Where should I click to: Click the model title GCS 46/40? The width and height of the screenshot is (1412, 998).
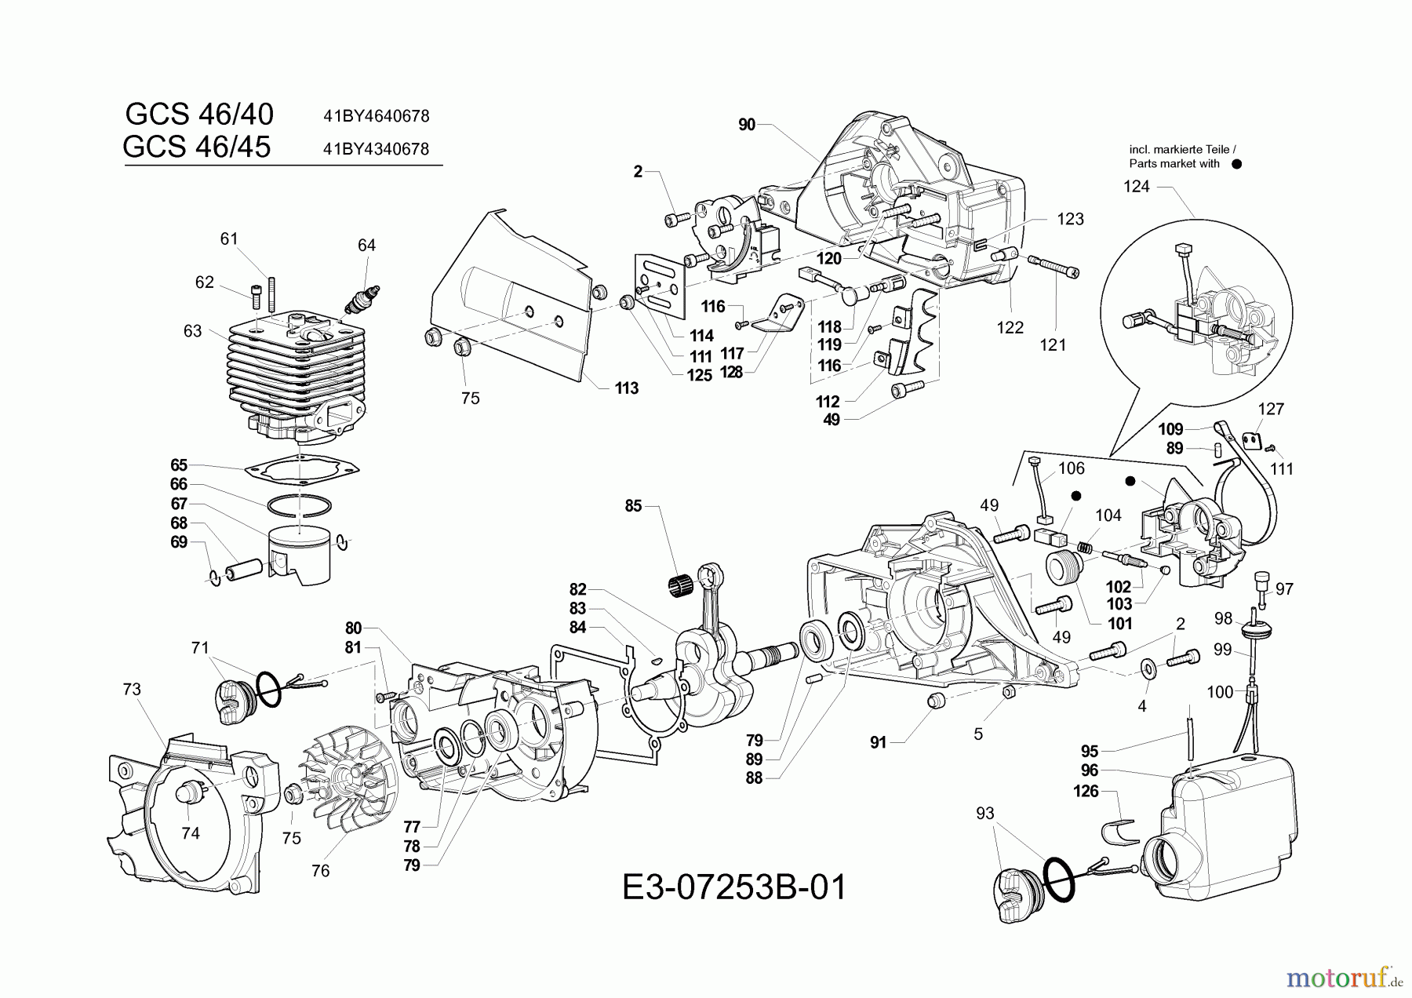(199, 115)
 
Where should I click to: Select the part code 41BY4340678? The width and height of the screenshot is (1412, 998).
(376, 149)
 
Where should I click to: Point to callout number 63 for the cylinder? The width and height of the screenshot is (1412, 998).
(192, 331)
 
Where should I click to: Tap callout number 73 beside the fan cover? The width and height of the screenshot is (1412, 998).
(132, 689)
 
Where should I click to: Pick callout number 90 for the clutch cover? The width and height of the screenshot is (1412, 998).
(747, 125)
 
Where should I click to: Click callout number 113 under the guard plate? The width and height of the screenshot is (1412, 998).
(627, 388)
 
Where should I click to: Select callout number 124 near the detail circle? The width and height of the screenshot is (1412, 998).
(1137, 187)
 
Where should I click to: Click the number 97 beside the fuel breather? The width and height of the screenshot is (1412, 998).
(1284, 589)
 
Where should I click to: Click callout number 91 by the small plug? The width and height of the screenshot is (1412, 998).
(878, 742)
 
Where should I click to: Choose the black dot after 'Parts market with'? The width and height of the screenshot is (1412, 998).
(1237, 165)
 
